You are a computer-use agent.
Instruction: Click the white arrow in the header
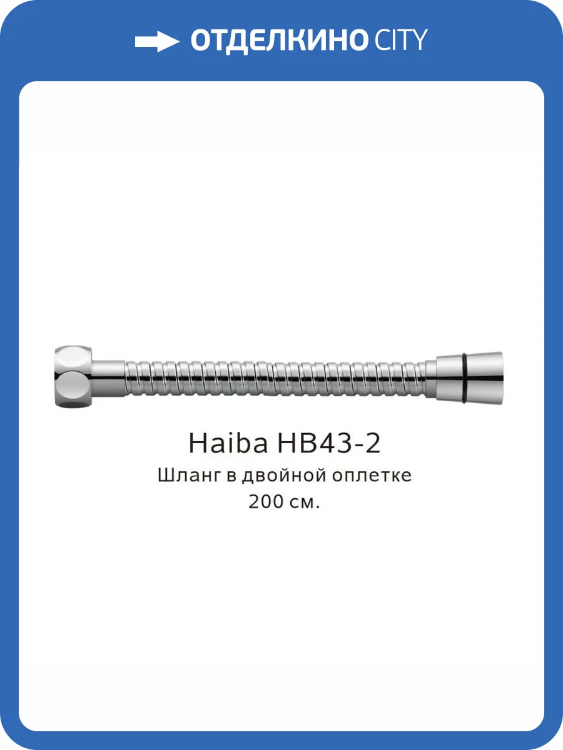click(156, 41)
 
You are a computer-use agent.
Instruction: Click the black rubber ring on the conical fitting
click(465, 377)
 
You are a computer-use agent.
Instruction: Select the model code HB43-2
click(328, 444)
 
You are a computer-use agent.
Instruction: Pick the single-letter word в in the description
click(230, 477)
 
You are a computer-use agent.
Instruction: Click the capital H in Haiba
click(198, 444)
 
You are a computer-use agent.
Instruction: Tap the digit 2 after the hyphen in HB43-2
click(372, 444)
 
